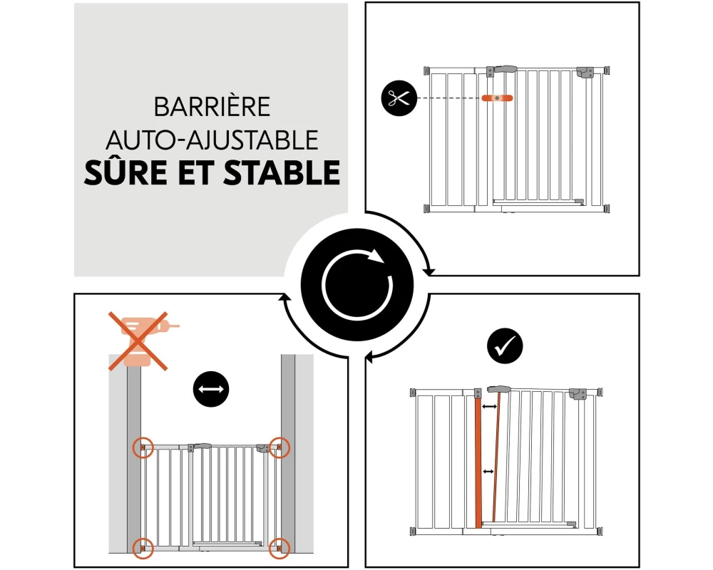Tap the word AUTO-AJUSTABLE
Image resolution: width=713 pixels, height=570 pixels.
tap(212, 140)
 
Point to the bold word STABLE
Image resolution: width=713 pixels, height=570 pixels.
tap(282, 172)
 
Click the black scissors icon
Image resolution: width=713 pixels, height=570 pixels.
tap(399, 98)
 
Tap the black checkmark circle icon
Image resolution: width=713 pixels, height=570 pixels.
tap(505, 346)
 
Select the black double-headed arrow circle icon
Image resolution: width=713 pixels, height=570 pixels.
tap(211, 389)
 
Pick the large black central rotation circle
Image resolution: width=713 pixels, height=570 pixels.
tap(357, 285)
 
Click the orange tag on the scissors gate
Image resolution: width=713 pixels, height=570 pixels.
tap(497, 98)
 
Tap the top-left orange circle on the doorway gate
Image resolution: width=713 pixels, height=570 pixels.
tap(143, 447)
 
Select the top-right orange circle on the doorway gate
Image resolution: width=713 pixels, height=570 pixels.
tap(279, 447)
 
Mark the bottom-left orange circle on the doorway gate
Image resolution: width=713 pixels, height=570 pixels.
tap(143, 548)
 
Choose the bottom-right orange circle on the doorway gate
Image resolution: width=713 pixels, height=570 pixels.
tap(279, 548)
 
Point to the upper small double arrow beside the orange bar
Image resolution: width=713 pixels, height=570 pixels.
tap(489, 406)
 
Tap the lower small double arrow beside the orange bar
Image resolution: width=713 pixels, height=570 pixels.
tap(488, 472)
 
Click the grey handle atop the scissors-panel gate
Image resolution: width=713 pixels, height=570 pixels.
tap(502, 69)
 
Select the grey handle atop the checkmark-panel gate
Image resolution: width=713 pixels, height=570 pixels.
tap(499, 388)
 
